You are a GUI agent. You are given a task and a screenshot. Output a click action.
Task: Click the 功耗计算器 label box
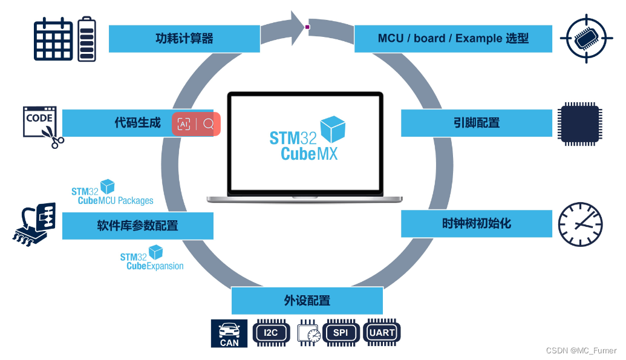[184, 39]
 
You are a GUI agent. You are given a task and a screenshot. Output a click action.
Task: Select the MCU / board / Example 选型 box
[453, 39]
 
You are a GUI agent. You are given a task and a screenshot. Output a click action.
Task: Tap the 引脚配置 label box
[477, 123]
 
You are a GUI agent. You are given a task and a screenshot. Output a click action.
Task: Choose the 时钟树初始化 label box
[477, 223]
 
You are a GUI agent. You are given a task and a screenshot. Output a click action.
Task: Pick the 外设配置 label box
[307, 301]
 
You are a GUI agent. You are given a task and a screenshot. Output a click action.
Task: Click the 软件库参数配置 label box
[138, 226]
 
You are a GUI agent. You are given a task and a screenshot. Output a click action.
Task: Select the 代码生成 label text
[138, 123]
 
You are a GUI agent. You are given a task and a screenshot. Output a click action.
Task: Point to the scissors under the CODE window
[56, 140]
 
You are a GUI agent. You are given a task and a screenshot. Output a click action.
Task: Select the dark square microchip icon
[580, 123]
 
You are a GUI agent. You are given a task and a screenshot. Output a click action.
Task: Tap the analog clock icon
[581, 224]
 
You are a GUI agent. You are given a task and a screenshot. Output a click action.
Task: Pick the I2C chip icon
[271, 333]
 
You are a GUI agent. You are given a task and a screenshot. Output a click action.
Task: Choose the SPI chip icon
[340, 333]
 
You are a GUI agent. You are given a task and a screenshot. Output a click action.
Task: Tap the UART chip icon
[382, 333]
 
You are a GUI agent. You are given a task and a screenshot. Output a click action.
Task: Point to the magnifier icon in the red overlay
[209, 124]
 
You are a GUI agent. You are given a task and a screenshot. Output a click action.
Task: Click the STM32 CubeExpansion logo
[152, 258]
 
